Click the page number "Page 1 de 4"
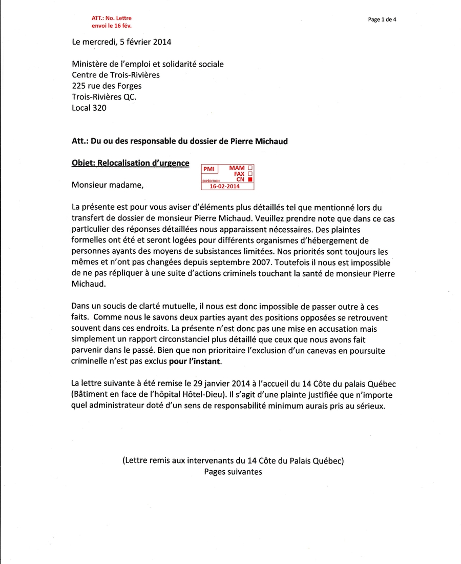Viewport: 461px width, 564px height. (382, 19)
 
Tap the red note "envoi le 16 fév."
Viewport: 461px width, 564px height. (111, 25)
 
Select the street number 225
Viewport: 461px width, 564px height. (78, 86)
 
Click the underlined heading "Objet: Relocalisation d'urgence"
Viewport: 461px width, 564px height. (131, 164)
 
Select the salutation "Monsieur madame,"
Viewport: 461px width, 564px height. (108, 185)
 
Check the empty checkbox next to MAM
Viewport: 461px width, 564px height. (250, 168)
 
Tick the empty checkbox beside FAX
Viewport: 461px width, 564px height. (250, 174)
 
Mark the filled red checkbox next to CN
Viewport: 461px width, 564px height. (250, 180)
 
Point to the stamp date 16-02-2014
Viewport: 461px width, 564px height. (225, 187)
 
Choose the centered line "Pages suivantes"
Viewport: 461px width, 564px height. (233, 472)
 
